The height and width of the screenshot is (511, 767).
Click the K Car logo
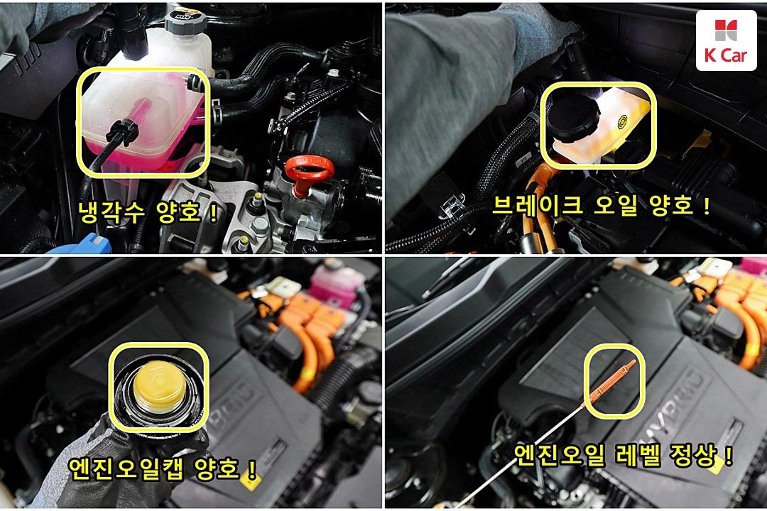pyautogui.click(x=727, y=41)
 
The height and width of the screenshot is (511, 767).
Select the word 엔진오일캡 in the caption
pyautogui.click(x=126, y=468)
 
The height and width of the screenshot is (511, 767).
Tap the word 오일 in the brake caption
pyautogui.click(x=615, y=205)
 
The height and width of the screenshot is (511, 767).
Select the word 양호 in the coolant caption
pyautogui.click(x=179, y=212)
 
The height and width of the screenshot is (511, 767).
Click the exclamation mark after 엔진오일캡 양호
pyautogui.click(x=252, y=469)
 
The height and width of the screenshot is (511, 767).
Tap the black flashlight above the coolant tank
pyautogui.click(x=131, y=31)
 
